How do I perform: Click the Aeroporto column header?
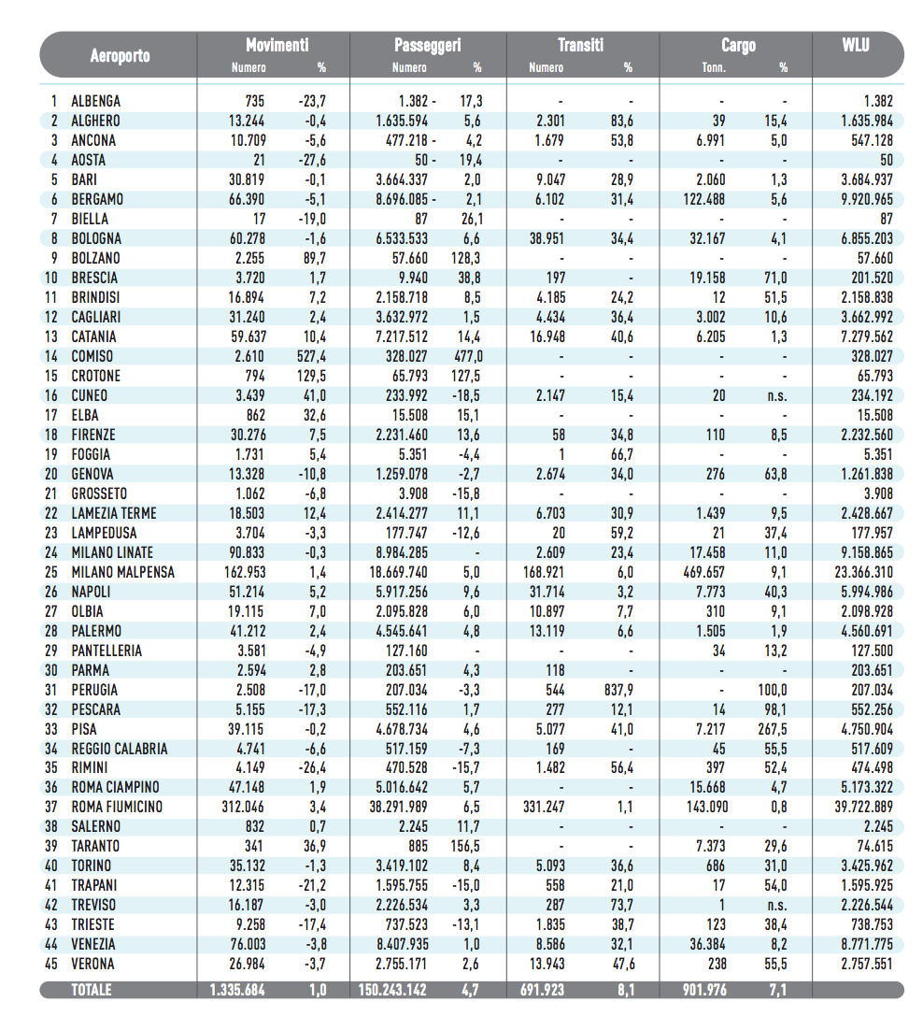[120, 55]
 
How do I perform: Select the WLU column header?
[855, 45]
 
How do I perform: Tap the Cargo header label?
[738, 45]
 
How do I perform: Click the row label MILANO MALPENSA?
[122, 572]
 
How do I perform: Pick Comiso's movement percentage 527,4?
[310, 356]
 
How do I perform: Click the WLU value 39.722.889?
[853, 807]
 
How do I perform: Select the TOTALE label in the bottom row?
[92, 990]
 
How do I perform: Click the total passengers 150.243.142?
[404, 990]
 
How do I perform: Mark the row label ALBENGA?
[95, 101]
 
